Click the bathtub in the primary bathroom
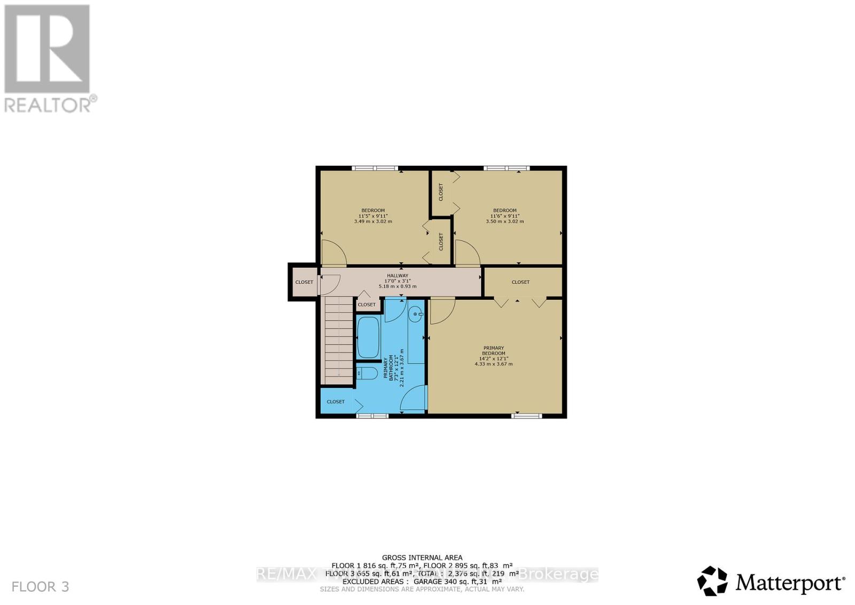pos(368,337)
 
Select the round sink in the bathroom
pos(415,315)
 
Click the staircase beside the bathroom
pos(338,340)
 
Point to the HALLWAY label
pos(397,276)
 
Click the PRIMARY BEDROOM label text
pos(493,351)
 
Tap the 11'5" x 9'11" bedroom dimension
pos(373,216)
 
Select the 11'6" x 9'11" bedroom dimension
pos(504,216)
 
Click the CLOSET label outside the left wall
pos(304,282)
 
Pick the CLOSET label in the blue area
pos(336,401)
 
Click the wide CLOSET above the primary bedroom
pos(520,282)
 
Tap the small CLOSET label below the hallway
pos(367,305)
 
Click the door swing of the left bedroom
pos(335,253)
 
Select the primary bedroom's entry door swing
pos(442,311)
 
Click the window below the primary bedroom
pos(526,415)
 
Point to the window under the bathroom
pos(372,415)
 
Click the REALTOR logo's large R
pos(47,49)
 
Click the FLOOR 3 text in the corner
pos(41,587)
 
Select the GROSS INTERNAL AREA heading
pos(422,557)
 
